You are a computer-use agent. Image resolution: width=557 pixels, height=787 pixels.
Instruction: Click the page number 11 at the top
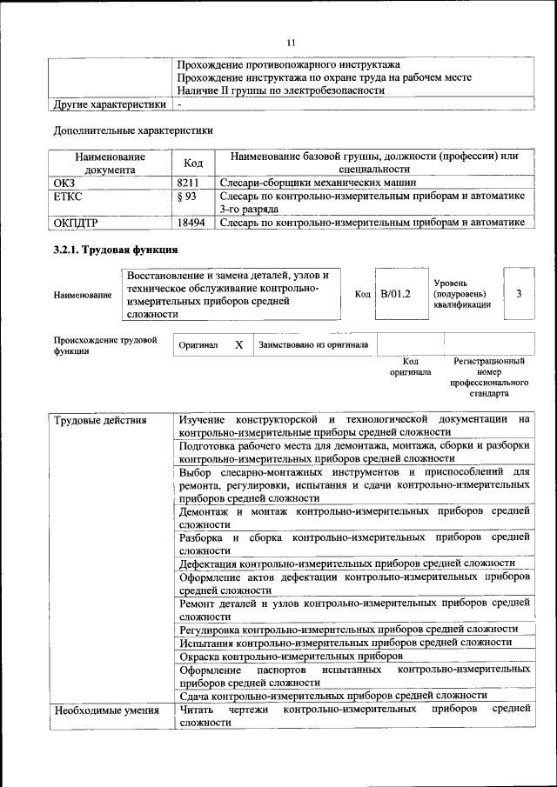(x=291, y=42)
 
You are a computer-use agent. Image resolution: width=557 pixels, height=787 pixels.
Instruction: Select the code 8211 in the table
(x=189, y=183)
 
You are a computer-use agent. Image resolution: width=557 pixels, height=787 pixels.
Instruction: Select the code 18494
(x=191, y=223)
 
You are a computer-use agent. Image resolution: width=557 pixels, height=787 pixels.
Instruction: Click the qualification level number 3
(x=519, y=294)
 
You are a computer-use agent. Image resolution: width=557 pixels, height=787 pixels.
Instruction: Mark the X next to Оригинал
(x=238, y=345)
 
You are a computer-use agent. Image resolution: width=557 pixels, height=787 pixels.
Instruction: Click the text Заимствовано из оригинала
(x=312, y=345)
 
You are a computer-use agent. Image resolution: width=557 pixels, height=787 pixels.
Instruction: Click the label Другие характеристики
(x=110, y=104)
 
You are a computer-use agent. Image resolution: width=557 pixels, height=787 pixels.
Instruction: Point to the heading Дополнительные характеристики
(x=133, y=130)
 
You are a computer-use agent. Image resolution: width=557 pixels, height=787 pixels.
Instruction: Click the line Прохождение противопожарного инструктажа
(x=288, y=64)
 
